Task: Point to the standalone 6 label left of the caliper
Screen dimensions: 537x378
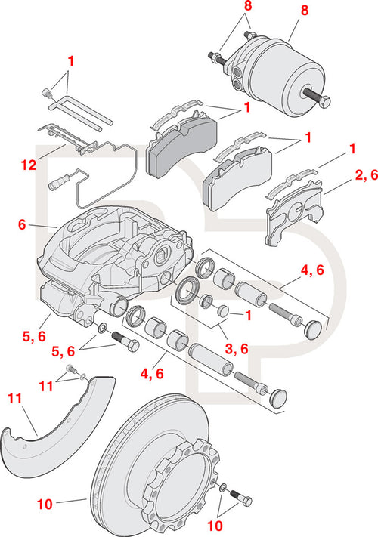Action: pyautogui.click(x=22, y=225)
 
